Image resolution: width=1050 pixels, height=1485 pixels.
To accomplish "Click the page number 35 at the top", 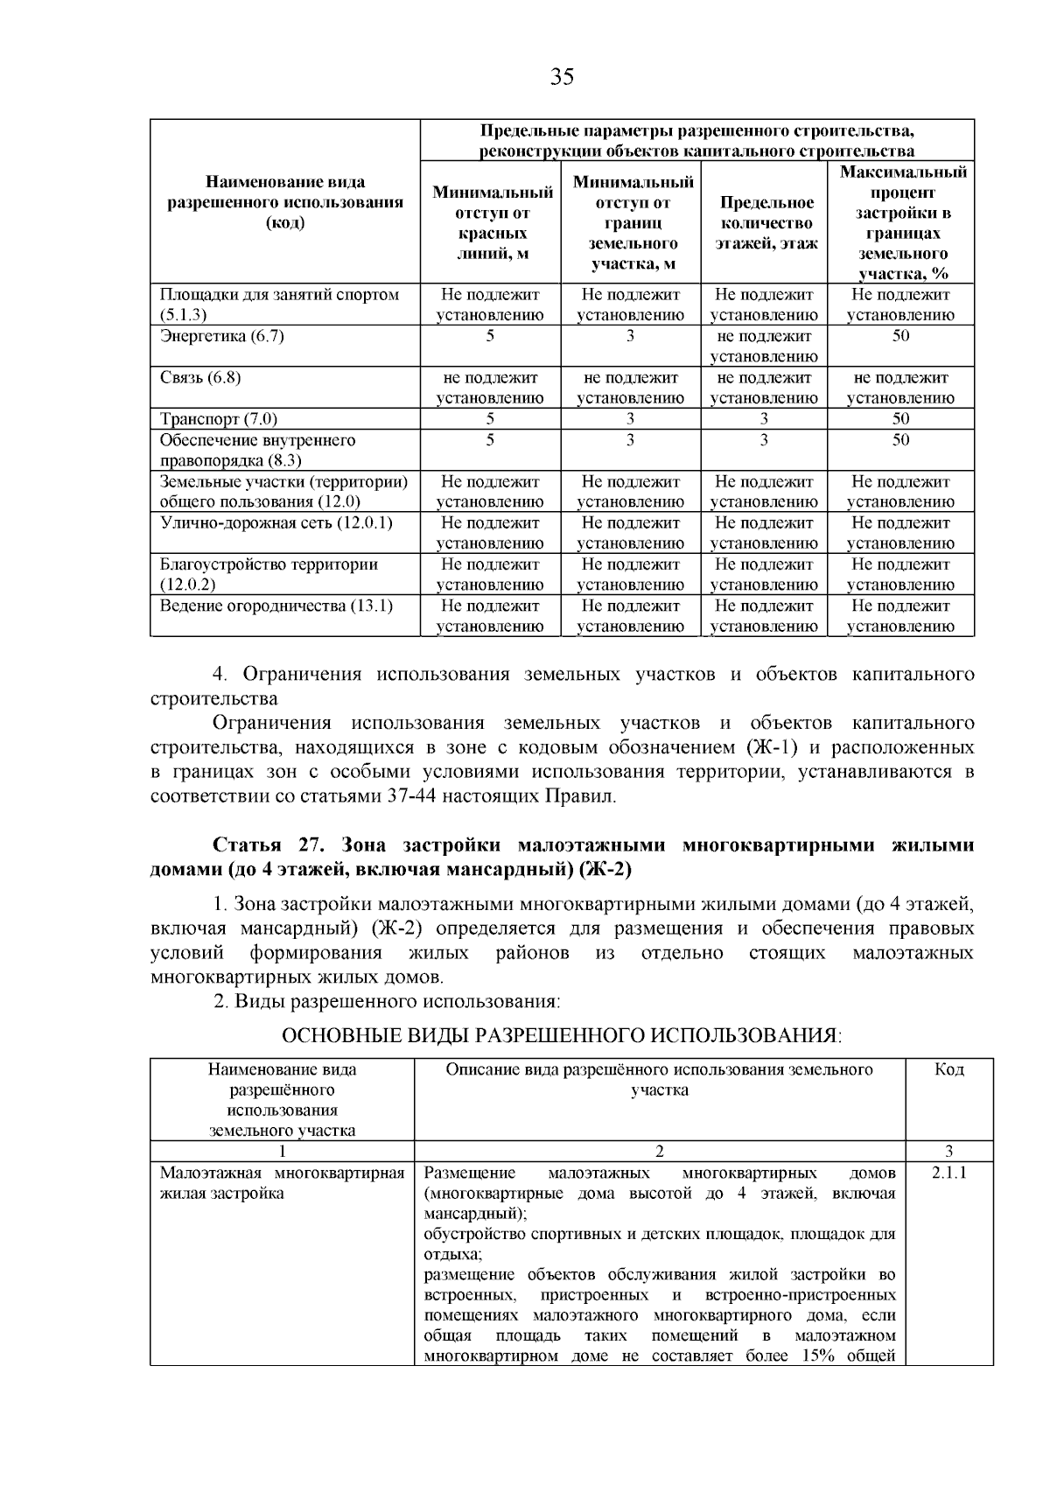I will (x=562, y=78).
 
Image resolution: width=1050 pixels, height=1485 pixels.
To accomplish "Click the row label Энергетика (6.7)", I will (x=222, y=336).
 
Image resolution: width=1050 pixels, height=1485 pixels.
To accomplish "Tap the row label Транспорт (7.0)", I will (x=219, y=418).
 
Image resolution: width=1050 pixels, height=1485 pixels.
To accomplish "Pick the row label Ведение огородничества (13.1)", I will (x=276, y=606).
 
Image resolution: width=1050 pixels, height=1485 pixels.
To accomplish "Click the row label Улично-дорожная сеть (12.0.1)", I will (x=276, y=522).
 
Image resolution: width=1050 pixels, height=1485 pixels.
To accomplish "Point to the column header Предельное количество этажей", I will (x=766, y=223).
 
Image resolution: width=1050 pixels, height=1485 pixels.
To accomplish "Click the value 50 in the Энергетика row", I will (x=900, y=336).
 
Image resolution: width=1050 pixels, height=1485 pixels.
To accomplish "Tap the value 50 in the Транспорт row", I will (x=900, y=418).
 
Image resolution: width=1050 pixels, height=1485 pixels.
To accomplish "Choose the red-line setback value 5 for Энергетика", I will (x=490, y=336).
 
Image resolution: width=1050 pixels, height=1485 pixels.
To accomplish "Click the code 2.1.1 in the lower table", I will (x=949, y=1173).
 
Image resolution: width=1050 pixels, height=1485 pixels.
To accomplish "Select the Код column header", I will (x=949, y=1070).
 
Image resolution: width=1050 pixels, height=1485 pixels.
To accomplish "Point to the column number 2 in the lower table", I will (x=659, y=1151).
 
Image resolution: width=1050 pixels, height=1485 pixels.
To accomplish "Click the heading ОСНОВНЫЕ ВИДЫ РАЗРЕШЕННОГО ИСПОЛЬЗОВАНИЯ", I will (x=561, y=1036).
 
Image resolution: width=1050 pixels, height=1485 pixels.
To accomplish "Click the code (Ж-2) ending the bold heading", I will (x=603, y=870).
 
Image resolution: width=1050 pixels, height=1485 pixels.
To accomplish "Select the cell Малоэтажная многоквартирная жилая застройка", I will (x=282, y=1182).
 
